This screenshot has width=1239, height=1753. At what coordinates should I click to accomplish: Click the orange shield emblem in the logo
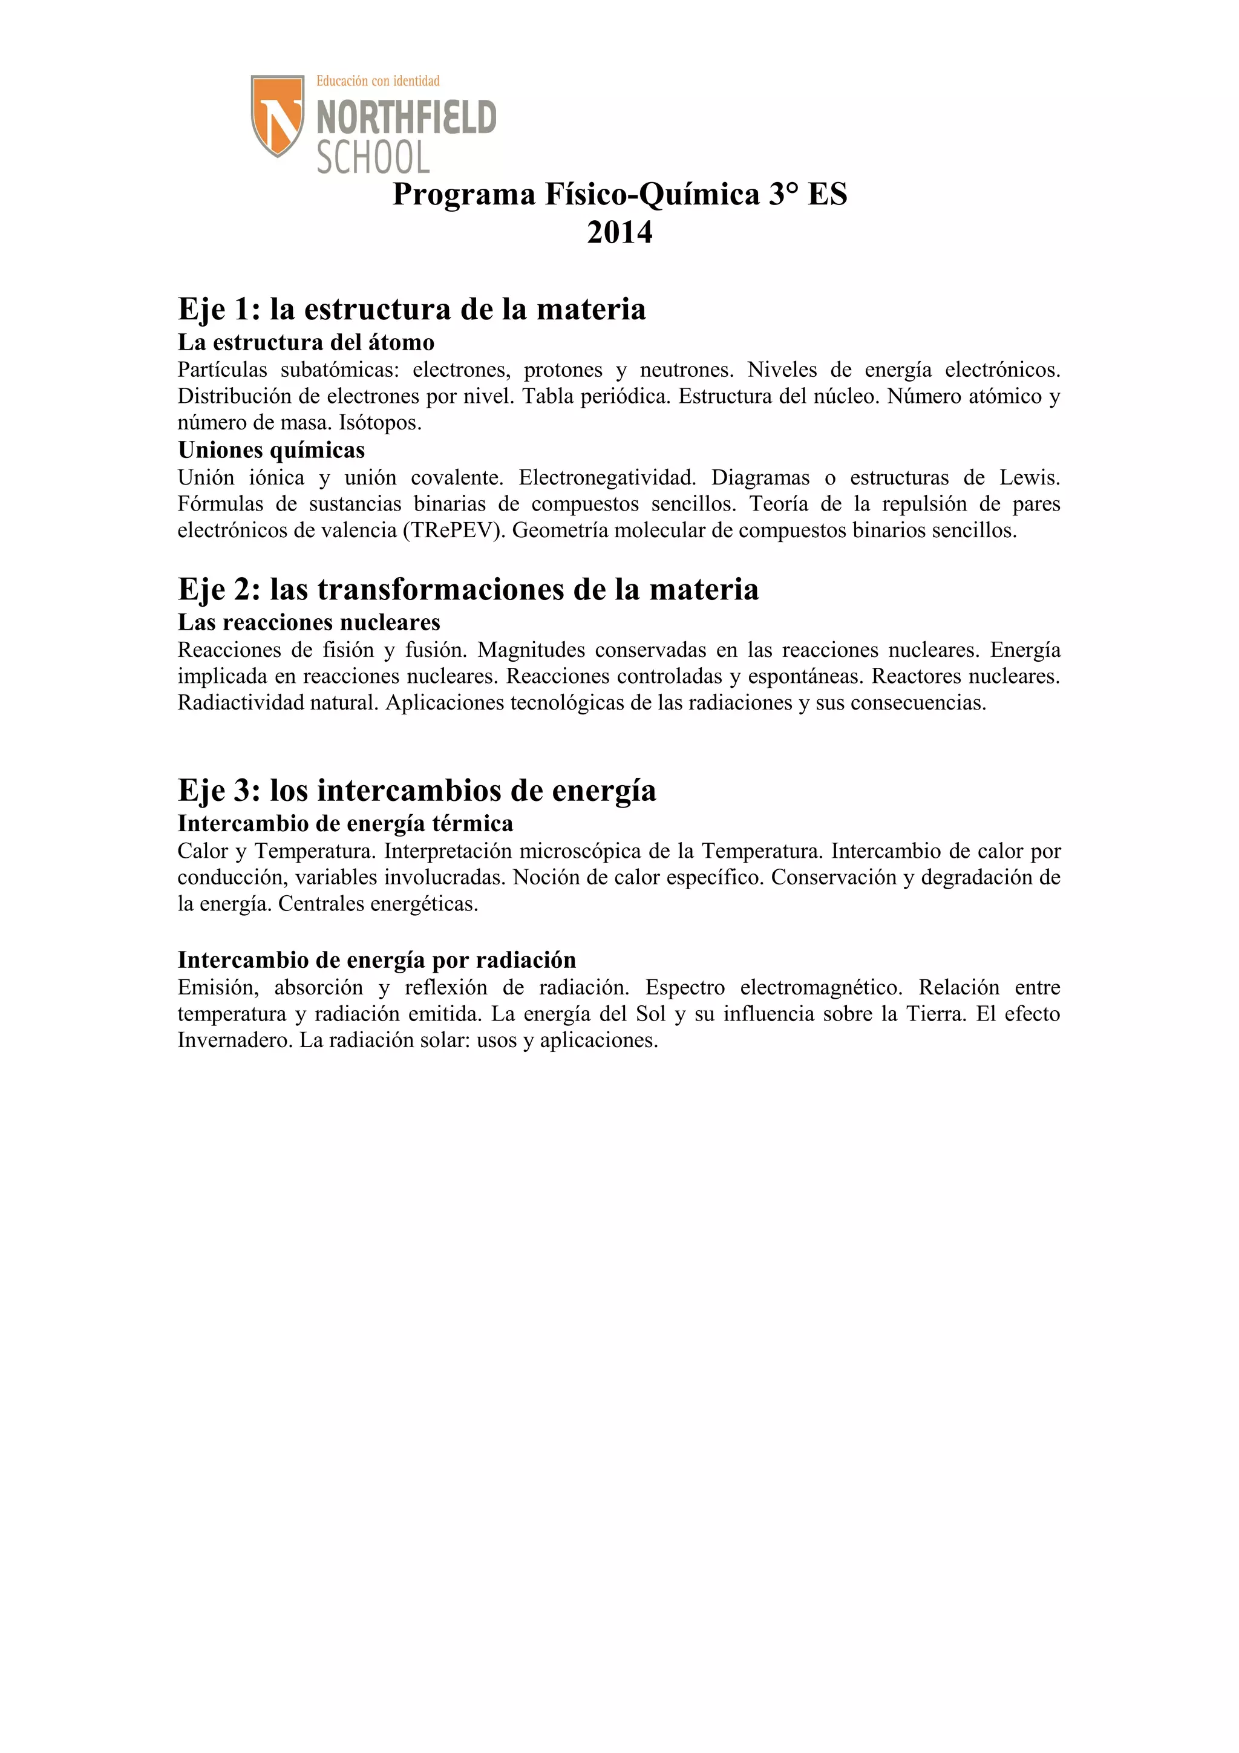coord(278,114)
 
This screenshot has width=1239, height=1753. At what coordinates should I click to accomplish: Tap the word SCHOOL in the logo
coord(373,157)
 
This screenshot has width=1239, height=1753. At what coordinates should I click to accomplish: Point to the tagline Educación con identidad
coord(378,81)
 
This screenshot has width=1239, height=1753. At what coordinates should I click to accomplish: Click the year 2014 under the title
coord(619,232)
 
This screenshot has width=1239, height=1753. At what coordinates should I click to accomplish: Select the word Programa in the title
coord(464,195)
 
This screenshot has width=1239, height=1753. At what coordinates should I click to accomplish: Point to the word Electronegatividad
coord(607,478)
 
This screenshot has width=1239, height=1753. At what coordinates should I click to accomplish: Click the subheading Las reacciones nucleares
coord(309,622)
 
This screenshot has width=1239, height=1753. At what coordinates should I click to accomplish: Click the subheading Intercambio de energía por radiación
coord(376,960)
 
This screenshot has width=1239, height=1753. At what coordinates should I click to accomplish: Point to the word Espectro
coord(685,988)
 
